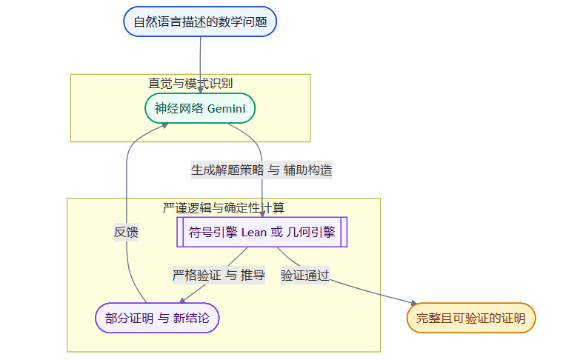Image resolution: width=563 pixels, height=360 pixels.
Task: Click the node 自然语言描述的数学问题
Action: coord(200,21)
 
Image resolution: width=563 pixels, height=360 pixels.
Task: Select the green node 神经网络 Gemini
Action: coord(200,109)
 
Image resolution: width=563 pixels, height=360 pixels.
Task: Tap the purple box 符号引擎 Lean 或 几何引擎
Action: coord(262,232)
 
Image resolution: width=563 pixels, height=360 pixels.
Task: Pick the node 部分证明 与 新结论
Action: coord(157,319)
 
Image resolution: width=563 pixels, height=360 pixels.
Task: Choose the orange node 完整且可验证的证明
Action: coord(471,319)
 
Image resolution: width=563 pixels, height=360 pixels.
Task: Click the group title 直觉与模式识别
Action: coord(190,83)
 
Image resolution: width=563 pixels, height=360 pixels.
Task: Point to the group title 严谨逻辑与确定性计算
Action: coord(223,207)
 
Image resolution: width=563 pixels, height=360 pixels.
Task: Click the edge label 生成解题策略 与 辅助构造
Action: coord(261,170)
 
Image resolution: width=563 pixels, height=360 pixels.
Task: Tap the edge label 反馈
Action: coord(126,232)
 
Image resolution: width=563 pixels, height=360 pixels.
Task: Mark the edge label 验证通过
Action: coord(304,276)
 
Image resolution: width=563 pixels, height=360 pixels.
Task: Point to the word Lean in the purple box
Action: coord(254,232)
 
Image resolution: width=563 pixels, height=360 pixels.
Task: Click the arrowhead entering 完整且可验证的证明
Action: coord(413,301)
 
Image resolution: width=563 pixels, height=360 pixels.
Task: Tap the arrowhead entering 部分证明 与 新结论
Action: coord(181,300)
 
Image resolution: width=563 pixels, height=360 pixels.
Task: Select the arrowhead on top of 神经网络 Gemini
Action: coord(201,90)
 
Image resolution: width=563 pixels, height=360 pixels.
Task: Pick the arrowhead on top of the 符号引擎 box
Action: coord(262,213)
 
